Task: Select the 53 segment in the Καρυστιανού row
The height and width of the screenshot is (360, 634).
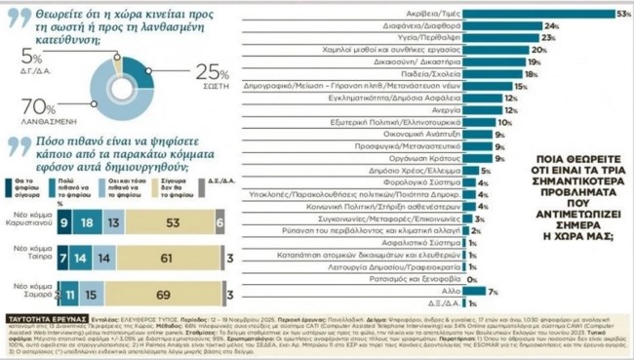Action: (172, 222)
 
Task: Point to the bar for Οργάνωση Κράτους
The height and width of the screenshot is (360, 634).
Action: (476, 158)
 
